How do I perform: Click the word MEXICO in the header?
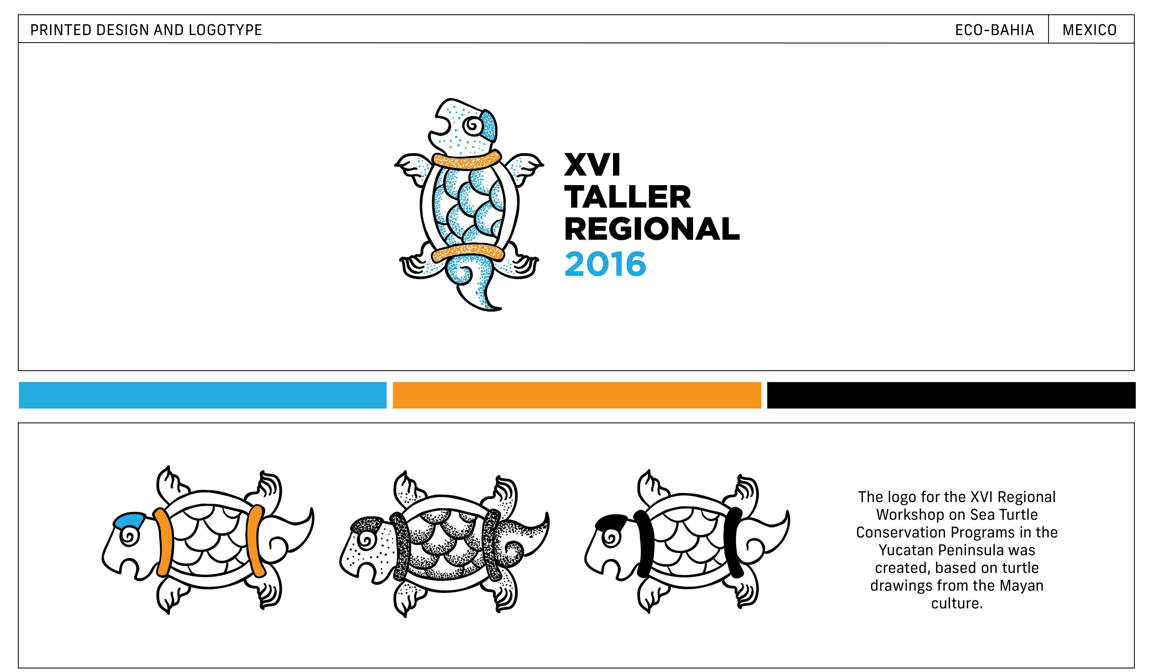[x=1089, y=30]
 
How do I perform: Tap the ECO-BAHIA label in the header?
[x=994, y=30]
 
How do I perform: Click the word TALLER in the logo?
[x=628, y=197]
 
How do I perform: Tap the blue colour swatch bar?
[x=202, y=395]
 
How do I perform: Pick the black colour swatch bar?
[x=951, y=395]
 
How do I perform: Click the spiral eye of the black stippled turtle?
[x=366, y=540]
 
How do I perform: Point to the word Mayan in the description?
[x=1021, y=586]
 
